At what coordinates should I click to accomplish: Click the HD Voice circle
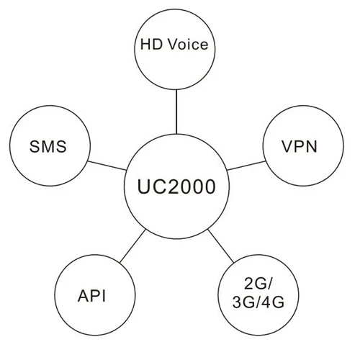point(174,45)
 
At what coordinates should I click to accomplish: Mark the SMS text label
point(48,147)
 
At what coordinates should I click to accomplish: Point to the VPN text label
point(300,147)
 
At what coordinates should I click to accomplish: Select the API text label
point(96,295)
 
